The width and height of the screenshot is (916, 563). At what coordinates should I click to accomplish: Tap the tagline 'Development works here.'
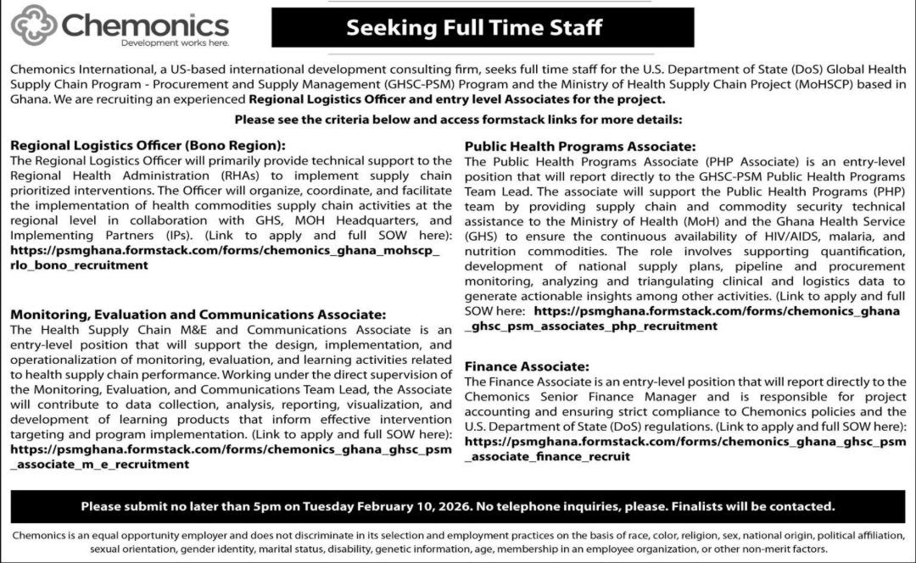click(x=175, y=42)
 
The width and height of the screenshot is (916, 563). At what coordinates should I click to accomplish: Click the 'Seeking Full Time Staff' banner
click(x=474, y=27)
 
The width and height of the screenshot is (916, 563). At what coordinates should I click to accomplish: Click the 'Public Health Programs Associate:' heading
click(x=580, y=147)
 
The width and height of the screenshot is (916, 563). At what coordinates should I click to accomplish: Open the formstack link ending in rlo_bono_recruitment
click(x=225, y=258)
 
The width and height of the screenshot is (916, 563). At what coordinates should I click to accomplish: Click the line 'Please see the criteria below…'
click(x=458, y=120)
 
